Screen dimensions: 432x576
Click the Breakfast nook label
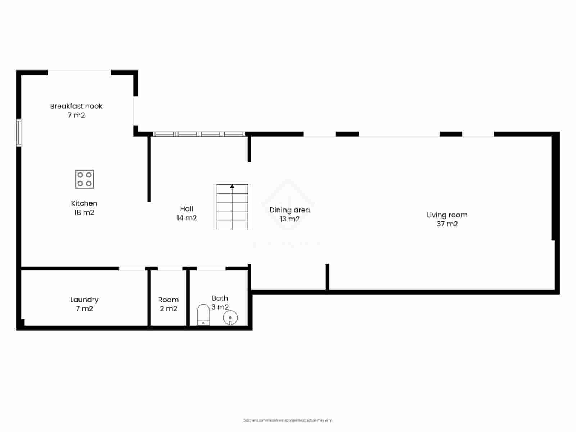point(76,106)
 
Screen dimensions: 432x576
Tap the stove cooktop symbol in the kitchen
point(85,179)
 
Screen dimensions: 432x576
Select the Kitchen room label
point(84,203)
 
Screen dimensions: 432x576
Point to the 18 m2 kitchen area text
point(84,212)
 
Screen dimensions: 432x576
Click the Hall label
point(186,209)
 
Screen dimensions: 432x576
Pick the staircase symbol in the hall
point(232,207)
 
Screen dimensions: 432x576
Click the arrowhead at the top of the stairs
point(232,186)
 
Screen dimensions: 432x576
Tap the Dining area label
point(289,210)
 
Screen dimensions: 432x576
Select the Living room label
point(447,215)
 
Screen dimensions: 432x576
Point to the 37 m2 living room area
point(447,224)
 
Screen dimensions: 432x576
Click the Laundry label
point(84,300)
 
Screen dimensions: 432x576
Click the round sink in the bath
point(230,318)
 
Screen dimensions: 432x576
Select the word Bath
point(220,298)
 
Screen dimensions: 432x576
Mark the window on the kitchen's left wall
point(19,133)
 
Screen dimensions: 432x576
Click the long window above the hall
point(199,134)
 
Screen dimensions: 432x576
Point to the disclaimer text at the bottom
point(288,420)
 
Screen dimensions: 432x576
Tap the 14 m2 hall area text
point(186,218)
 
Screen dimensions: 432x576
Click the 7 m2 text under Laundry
point(84,309)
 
